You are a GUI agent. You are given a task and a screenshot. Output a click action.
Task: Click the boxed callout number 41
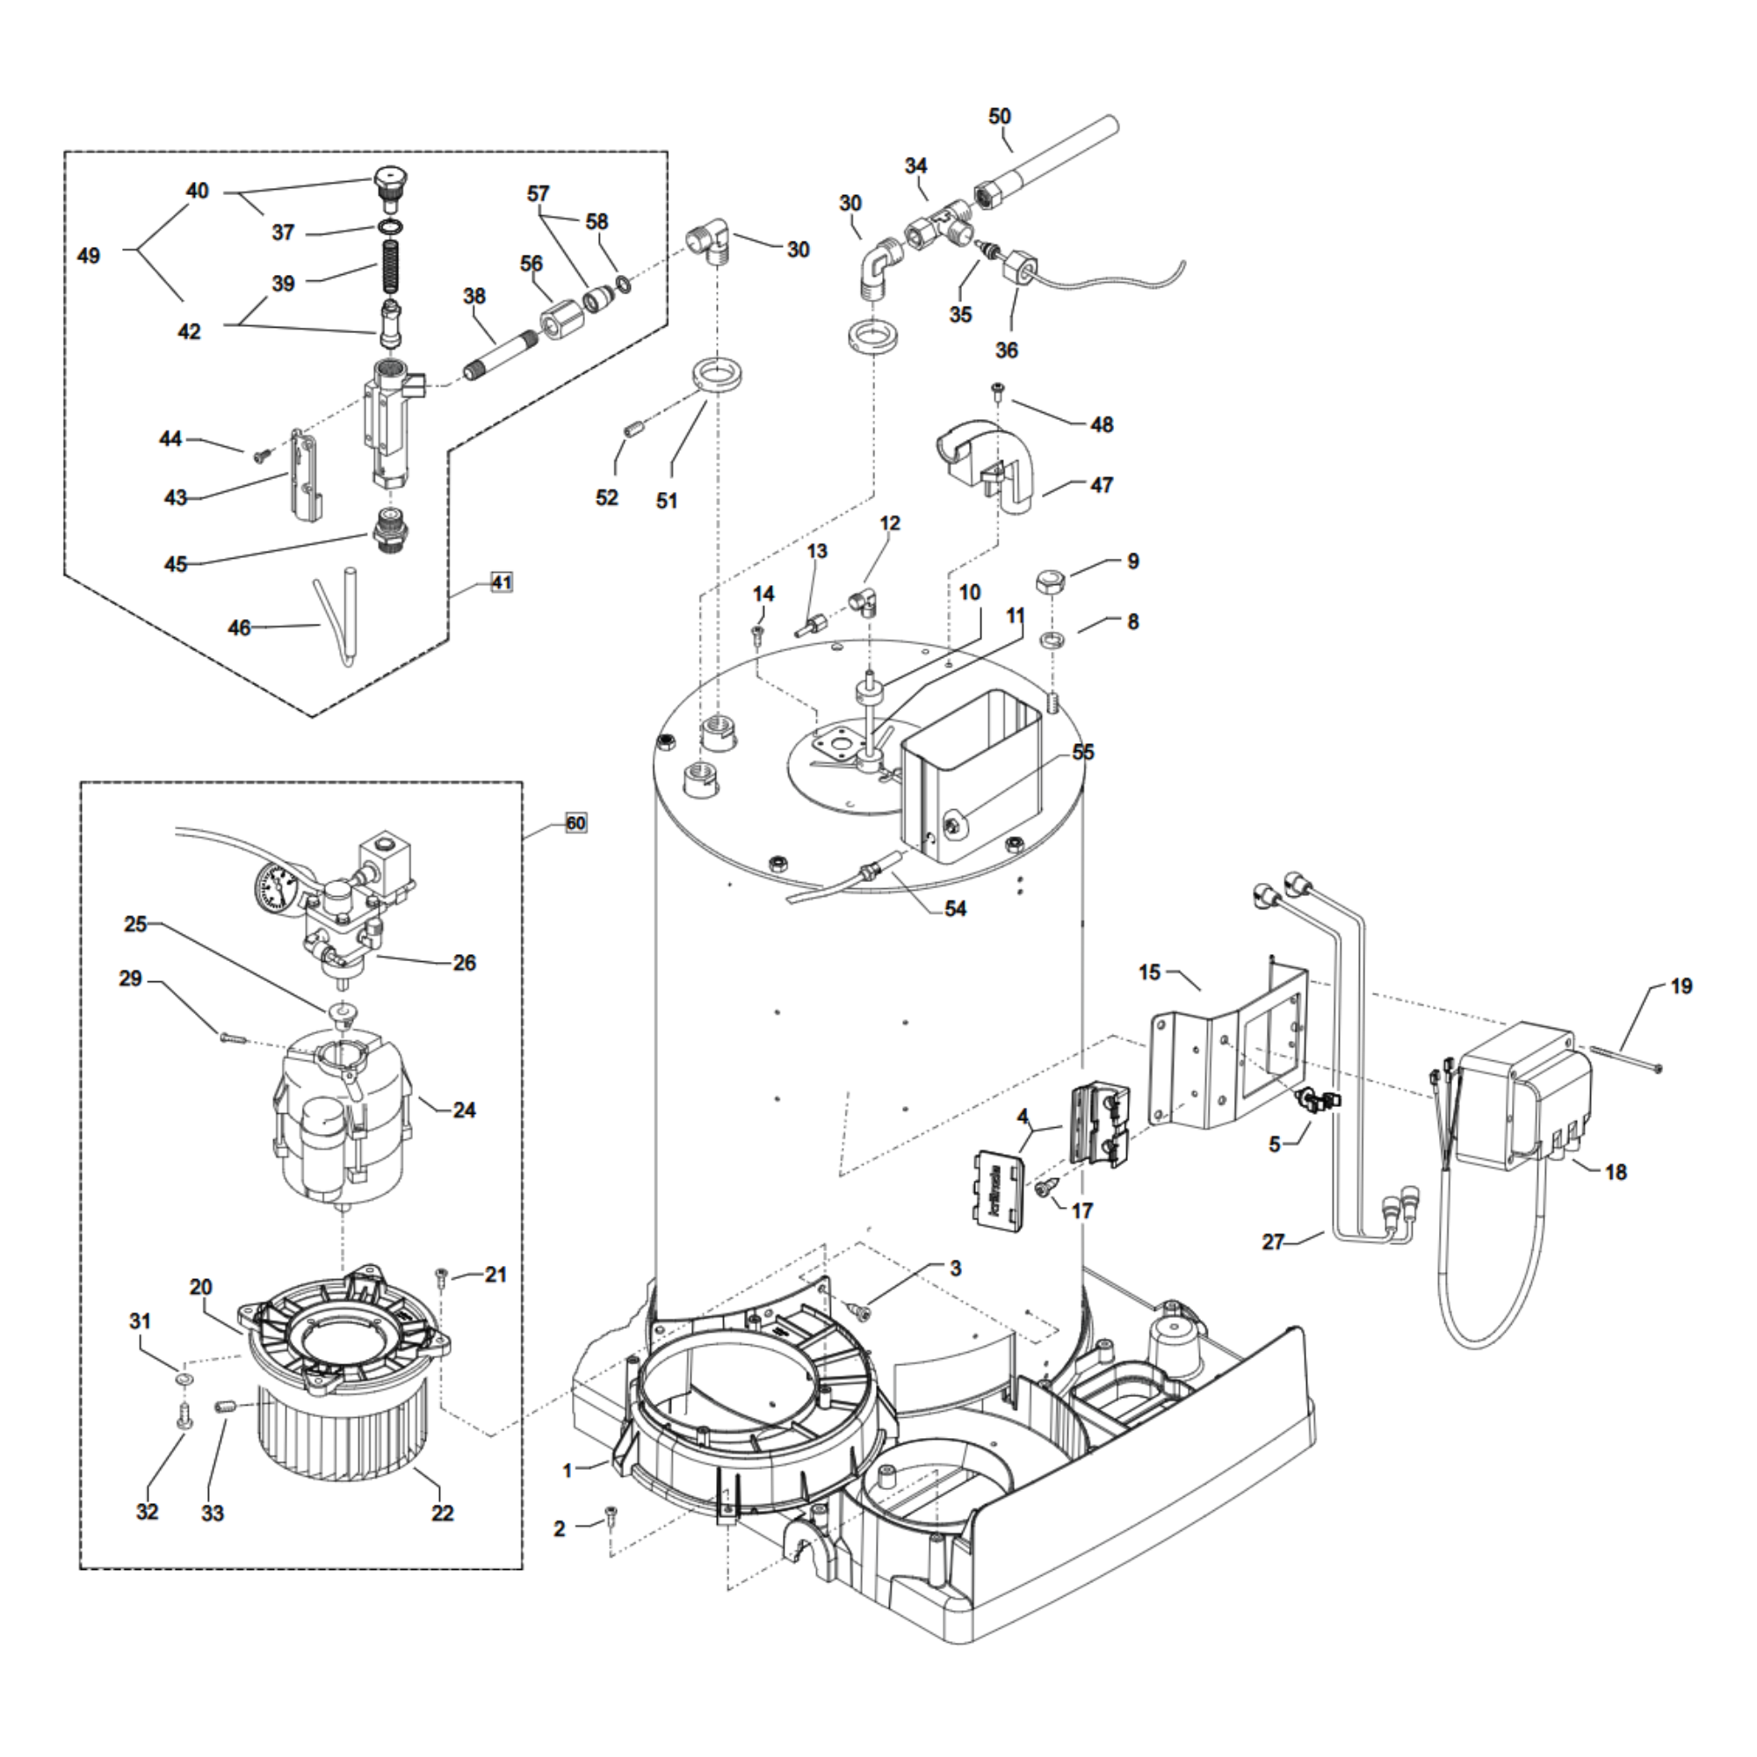[x=502, y=582]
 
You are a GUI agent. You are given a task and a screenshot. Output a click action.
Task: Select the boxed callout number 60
[x=575, y=824]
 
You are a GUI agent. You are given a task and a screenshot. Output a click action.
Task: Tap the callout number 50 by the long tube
[x=1000, y=117]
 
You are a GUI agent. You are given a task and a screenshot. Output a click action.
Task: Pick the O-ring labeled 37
[x=389, y=226]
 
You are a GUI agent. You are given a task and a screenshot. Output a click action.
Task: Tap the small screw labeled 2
[x=611, y=1515]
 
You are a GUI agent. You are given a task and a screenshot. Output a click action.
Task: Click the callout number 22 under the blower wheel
[x=442, y=1513]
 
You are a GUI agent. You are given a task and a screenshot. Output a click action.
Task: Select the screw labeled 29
[x=233, y=1037]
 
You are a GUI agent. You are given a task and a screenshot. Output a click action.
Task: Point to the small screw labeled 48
[x=999, y=391]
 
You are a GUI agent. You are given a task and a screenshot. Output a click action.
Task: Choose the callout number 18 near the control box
[x=1616, y=1172]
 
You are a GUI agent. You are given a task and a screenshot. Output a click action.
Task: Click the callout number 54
[x=955, y=908]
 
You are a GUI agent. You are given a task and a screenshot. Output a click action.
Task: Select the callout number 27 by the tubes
[x=1273, y=1241]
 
